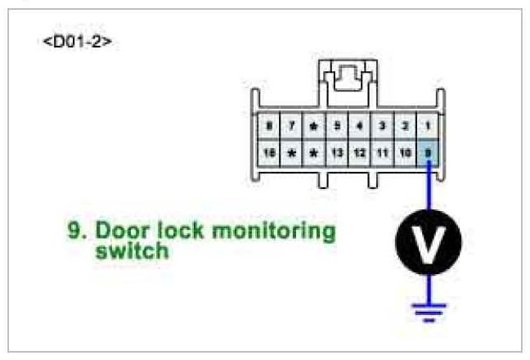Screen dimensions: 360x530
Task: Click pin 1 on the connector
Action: (x=427, y=127)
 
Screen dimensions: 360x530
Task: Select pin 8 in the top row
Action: (x=269, y=127)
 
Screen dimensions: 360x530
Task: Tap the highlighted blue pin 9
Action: (x=427, y=153)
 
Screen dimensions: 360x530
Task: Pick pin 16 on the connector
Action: (x=269, y=153)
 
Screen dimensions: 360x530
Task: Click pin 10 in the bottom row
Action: (x=404, y=153)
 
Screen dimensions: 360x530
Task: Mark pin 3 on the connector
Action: (x=382, y=127)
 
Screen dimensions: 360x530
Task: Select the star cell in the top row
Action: (x=314, y=127)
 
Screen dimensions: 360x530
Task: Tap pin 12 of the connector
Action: (x=359, y=153)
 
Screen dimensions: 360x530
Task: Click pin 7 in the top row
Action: (x=291, y=127)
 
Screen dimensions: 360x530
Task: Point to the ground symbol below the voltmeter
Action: (x=428, y=310)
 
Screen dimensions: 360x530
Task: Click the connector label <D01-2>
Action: (x=76, y=41)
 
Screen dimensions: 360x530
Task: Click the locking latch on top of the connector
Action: (x=348, y=80)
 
